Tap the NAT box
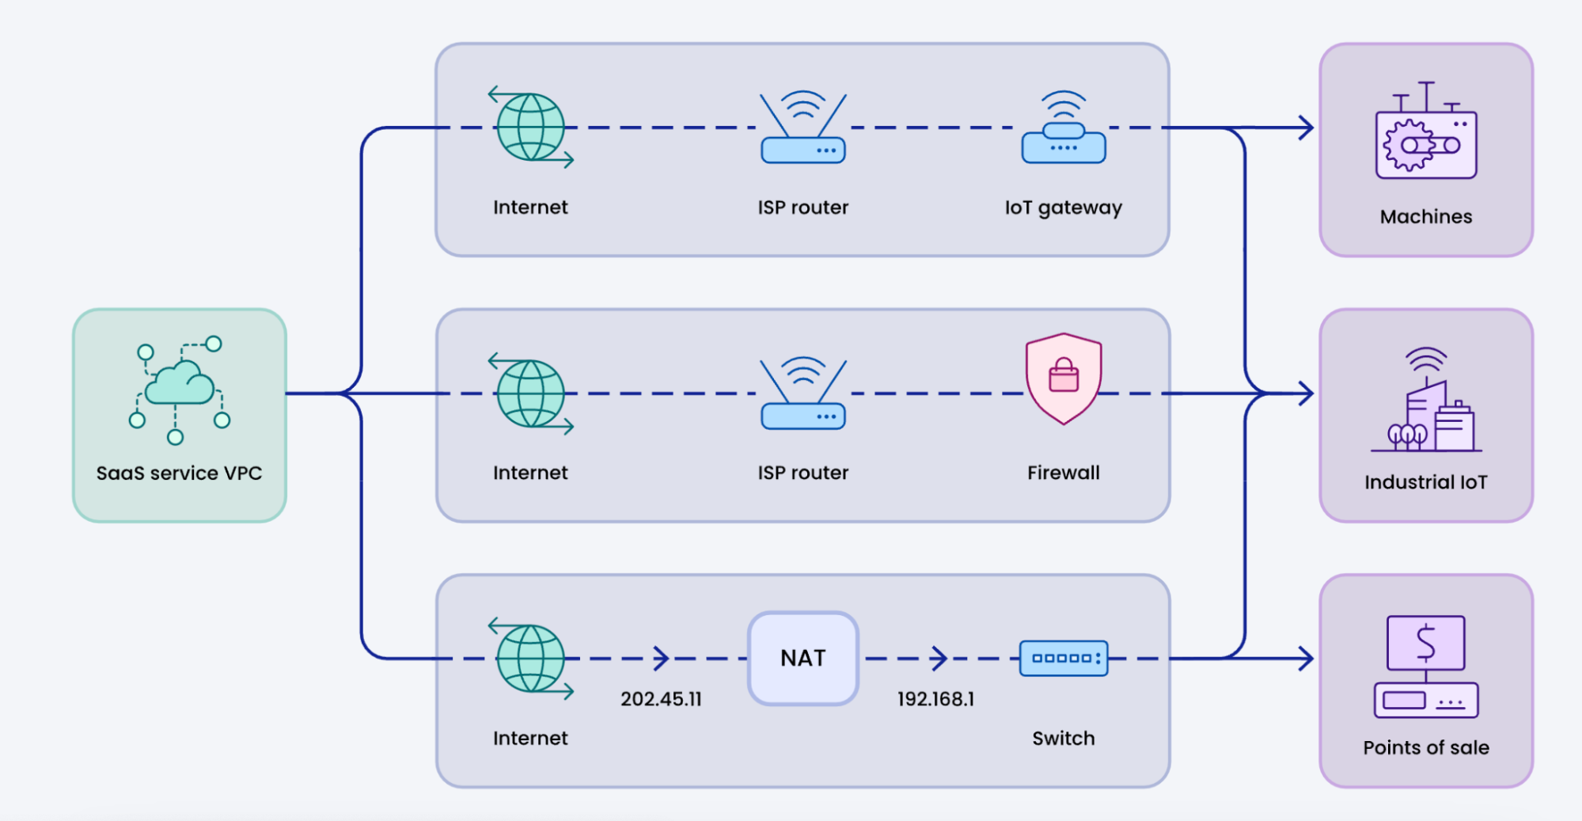coord(803,658)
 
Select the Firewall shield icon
coord(1064,378)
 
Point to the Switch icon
coord(1064,658)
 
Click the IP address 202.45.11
coord(661,699)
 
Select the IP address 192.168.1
coord(935,699)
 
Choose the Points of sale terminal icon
coord(1426,667)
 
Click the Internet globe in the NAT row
coord(531,658)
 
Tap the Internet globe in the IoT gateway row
coord(531,127)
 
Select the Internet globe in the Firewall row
coord(531,393)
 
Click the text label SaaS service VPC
coord(179,473)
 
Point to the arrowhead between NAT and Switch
coord(939,658)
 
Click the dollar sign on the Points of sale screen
coord(1426,642)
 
